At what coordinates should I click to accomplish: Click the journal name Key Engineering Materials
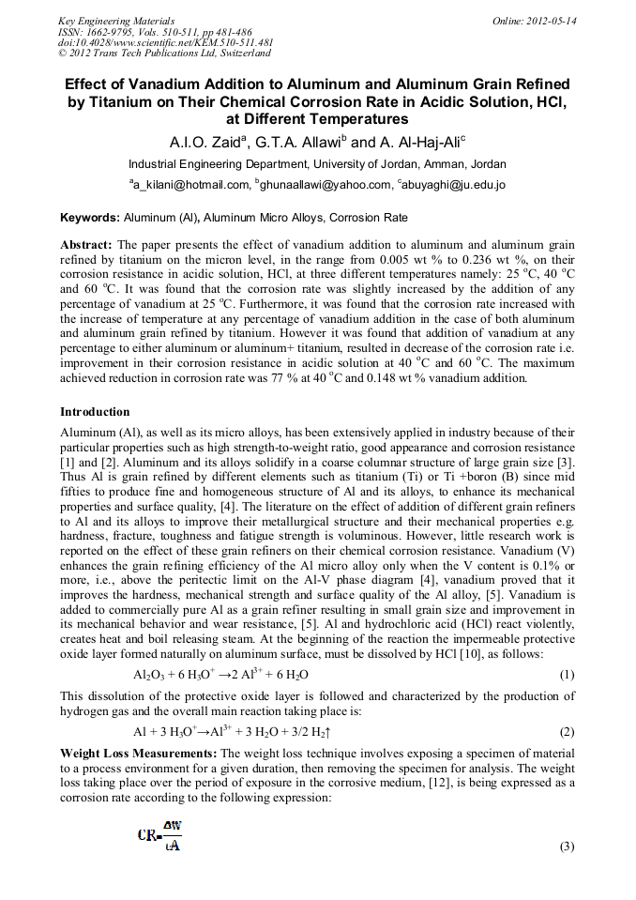(x=115, y=20)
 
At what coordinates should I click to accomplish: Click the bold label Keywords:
(x=90, y=218)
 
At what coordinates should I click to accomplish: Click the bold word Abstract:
(x=86, y=245)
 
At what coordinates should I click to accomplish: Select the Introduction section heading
(x=95, y=412)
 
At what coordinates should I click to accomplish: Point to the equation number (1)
(x=566, y=675)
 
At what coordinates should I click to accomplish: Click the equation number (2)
(x=566, y=731)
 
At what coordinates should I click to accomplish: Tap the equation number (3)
(x=566, y=847)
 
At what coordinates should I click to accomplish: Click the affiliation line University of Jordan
(x=317, y=162)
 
